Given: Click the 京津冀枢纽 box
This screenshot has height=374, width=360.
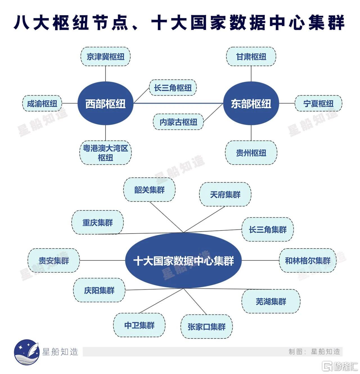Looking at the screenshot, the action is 105,57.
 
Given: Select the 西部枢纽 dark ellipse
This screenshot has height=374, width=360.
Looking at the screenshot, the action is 105,103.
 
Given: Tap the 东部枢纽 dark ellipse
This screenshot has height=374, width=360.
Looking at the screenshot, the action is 251,103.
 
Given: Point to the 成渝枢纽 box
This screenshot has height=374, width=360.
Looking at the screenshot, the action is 42,103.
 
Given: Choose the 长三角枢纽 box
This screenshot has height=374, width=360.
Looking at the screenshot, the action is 173,88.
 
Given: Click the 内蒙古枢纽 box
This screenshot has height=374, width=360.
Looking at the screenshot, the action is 178,122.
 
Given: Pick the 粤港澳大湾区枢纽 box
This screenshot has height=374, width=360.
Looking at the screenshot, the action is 105,153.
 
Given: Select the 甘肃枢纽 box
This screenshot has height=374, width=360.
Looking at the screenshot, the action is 251,57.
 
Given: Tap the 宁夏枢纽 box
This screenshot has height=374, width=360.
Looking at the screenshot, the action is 318,103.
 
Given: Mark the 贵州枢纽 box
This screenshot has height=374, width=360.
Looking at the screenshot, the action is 251,153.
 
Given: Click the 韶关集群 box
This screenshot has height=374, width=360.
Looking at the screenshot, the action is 149,190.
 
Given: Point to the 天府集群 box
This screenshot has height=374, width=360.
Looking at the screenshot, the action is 225,194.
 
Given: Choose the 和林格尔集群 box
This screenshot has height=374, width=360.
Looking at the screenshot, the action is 308,261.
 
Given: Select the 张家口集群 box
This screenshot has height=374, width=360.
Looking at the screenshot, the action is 206,327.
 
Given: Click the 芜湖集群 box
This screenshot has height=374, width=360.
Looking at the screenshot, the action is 271,301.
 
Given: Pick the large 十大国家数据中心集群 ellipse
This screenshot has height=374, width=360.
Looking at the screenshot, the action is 183,261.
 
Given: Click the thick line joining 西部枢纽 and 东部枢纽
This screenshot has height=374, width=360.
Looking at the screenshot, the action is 178,103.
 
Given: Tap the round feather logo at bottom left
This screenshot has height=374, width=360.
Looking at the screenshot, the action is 27,352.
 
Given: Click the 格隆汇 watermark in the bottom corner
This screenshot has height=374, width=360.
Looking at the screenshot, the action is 340,366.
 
